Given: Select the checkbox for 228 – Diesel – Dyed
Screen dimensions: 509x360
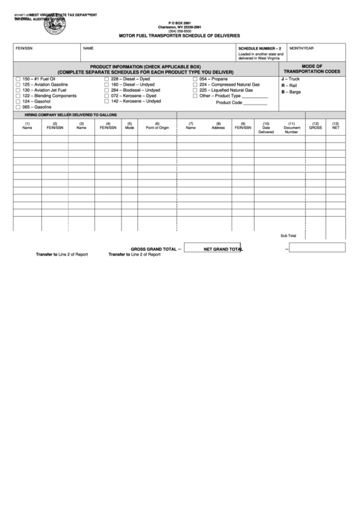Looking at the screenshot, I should tap(106, 79).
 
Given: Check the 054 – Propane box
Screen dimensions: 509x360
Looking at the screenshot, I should tap(194, 79).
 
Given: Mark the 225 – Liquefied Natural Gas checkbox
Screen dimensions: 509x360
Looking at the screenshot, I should tap(194, 90).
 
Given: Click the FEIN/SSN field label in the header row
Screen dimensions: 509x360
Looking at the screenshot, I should tap(24, 49).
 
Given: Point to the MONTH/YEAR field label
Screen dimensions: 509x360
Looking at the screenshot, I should tap(302, 49).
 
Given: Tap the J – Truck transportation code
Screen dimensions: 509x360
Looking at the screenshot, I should tap(290, 80).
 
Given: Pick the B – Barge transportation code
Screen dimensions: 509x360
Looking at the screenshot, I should tap(291, 92).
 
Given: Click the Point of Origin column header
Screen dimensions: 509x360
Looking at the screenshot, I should tap(157, 127).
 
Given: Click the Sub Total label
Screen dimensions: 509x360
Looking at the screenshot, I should tap(288, 235).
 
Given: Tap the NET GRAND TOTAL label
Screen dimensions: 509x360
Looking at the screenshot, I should tap(223, 249).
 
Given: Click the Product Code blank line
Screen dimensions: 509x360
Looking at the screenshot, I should tap(255, 103).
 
